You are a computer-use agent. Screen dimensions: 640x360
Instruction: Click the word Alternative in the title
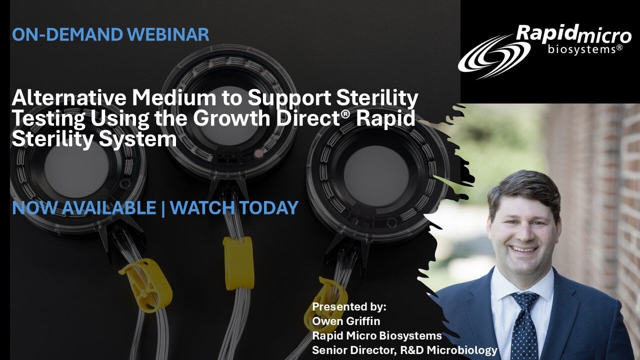coord(69,97)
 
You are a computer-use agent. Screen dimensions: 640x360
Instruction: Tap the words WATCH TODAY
coord(234,207)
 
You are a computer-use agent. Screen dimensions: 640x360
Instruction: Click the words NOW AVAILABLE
coord(84,207)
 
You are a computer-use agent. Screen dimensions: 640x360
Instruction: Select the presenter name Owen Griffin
coord(346,321)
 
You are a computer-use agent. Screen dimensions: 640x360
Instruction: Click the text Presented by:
coord(349,307)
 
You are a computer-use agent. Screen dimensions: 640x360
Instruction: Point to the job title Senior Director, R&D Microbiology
coord(404,350)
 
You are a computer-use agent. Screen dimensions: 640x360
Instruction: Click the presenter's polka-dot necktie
coord(525,325)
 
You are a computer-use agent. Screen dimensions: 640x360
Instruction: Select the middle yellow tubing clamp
coord(238,263)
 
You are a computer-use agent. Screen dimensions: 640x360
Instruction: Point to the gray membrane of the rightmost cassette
coord(376,175)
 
